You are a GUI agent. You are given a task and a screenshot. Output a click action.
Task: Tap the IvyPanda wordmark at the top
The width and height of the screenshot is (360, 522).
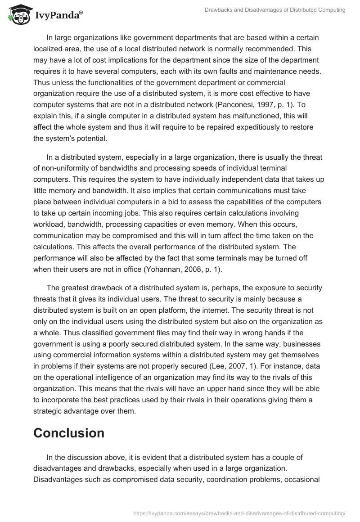pyautogui.click(x=58, y=16)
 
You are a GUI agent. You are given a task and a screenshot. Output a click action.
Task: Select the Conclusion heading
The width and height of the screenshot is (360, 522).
pyautogui.click(x=69, y=433)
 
